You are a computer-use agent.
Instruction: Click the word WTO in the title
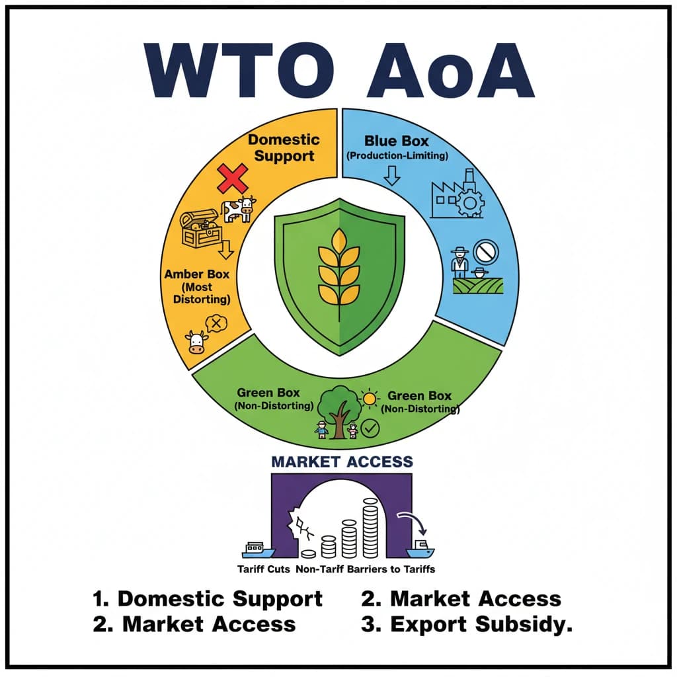pos(239,70)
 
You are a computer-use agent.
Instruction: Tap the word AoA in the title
pos(451,70)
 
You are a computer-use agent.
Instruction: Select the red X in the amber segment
pos(232,179)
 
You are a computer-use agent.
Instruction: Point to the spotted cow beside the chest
pos(239,210)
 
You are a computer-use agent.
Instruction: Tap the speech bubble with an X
pos(217,323)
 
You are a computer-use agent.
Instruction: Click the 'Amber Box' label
pos(197,274)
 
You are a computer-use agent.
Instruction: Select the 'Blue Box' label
pos(397,141)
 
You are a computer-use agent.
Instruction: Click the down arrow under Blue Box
pos(391,176)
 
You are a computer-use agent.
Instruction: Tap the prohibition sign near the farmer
pos(486,252)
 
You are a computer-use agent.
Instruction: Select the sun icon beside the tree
pos(370,399)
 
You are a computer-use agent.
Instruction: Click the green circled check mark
pos(370,428)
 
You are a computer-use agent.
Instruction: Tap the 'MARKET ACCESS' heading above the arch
pos(342,461)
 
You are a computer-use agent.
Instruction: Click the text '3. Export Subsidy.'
pos(467,624)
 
